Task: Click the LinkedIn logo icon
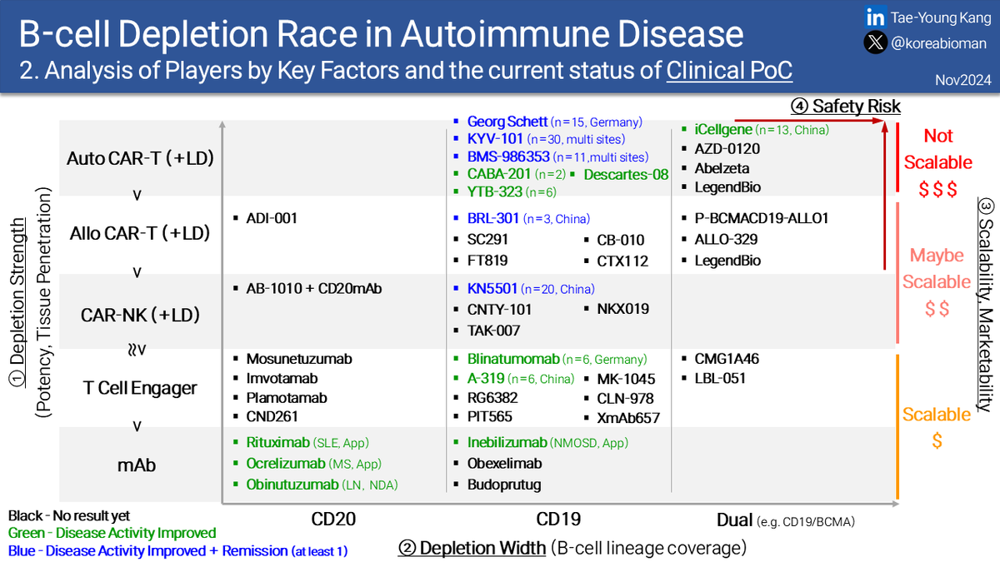(875, 17)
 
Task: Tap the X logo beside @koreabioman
(875, 42)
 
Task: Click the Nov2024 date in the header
(963, 80)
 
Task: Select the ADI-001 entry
(272, 218)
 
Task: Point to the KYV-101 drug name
(495, 139)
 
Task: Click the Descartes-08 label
(626, 174)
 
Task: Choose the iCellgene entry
(723, 129)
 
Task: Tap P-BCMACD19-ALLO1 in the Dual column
(761, 218)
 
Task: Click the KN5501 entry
(492, 289)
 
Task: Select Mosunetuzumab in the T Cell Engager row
(298, 359)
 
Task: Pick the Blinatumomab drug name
(513, 359)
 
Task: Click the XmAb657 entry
(628, 418)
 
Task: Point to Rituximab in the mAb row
(277, 442)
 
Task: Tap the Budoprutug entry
(504, 485)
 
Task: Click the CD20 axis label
(333, 520)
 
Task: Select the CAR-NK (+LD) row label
(140, 315)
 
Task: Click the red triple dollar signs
(937, 189)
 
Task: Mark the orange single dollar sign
(937, 440)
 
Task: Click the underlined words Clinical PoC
(729, 70)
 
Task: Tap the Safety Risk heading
(856, 107)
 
